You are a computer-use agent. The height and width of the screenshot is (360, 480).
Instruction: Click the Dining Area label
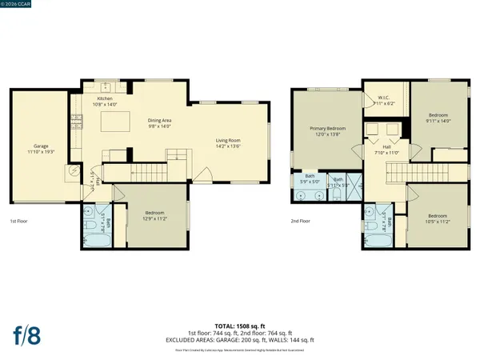160,120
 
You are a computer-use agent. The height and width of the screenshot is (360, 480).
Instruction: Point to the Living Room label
228,140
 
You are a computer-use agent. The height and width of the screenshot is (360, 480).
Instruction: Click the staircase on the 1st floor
147,170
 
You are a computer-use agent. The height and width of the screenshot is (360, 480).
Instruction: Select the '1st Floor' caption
21,221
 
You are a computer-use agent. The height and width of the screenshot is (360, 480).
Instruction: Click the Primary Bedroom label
328,128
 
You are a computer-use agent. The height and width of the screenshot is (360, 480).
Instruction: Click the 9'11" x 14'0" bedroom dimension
440,120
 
